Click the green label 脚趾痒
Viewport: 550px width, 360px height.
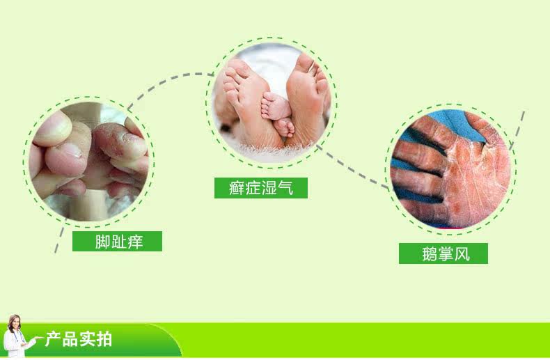[117, 242]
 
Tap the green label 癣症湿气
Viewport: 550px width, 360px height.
[261, 188]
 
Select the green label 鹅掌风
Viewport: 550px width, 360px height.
[443, 253]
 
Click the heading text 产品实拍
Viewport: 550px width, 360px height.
[79, 339]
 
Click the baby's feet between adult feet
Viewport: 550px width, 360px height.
[277, 114]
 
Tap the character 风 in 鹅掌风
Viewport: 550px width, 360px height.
[462, 253]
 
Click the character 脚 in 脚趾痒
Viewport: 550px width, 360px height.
[103, 242]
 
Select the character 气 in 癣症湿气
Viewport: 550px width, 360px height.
[285, 188]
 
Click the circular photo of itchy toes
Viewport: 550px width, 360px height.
[88, 162]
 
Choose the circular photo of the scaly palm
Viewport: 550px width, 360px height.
[450, 169]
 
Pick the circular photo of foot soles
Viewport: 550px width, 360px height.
[272, 102]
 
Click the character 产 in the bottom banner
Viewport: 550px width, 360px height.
[54, 339]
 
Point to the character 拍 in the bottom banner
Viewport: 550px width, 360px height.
[104, 339]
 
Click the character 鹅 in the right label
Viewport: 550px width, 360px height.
[430, 253]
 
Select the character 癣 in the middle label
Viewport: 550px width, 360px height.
[237, 188]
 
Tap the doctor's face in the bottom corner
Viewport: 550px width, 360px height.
[14, 323]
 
